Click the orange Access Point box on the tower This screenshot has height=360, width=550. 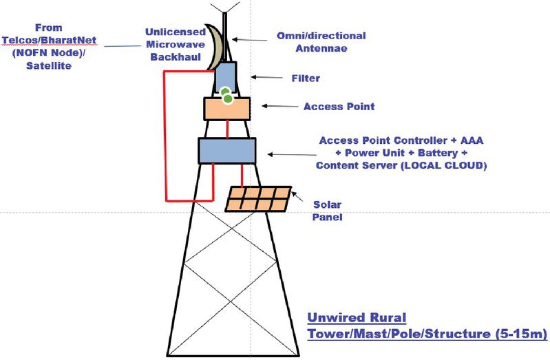point(226,109)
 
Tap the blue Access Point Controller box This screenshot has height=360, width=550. point(227,150)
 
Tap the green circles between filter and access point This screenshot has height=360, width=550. point(226,96)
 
